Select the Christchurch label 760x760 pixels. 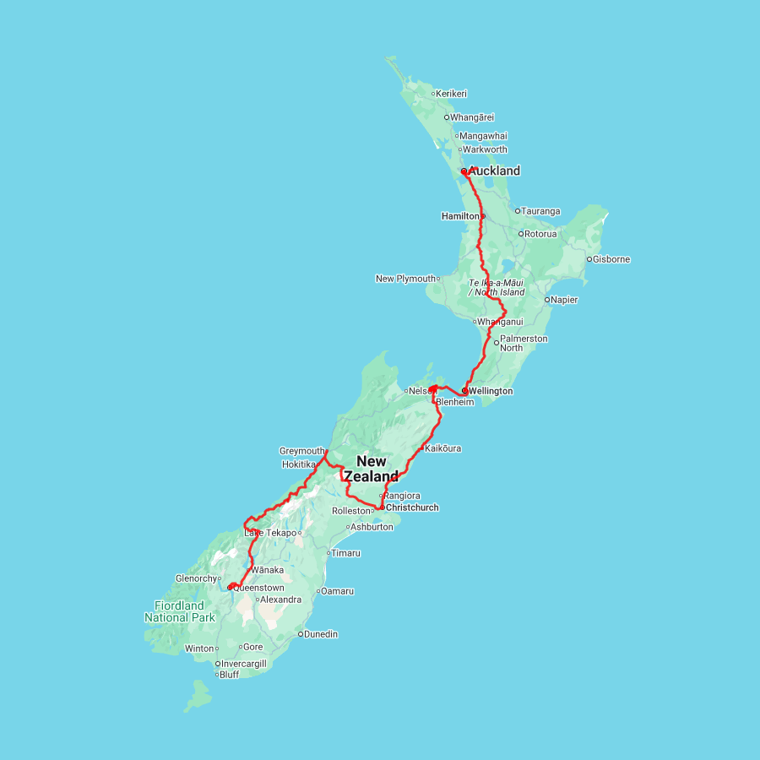click(411, 508)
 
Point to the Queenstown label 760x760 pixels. click(258, 587)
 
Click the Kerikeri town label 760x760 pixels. click(452, 94)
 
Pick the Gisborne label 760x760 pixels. click(611, 259)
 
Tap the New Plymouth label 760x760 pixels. click(405, 279)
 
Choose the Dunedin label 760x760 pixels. click(321, 634)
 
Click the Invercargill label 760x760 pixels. click(243, 664)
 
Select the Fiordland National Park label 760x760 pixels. click(180, 611)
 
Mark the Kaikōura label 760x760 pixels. click(443, 448)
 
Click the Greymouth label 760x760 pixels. click(301, 451)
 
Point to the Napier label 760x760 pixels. click(565, 299)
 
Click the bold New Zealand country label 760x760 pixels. click(372, 469)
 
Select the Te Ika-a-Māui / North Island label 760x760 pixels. click(497, 287)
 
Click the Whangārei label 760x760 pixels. click(472, 117)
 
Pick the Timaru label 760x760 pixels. click(345, 553)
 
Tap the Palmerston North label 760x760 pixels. click(524, 343)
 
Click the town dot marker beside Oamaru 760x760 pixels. click(318, 591)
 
